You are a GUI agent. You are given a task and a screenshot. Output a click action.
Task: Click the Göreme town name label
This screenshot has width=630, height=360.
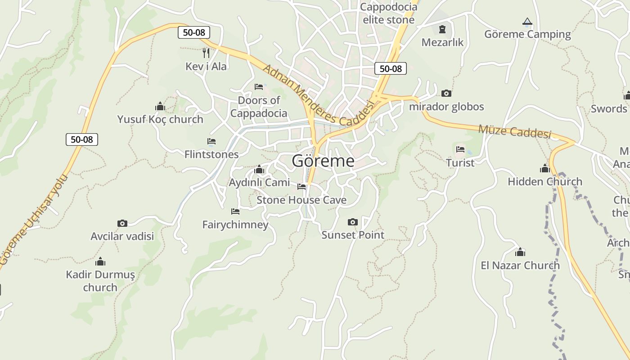(x=323, y=161)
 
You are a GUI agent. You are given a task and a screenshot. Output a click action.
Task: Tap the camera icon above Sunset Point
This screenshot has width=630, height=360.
(x=353, y=222)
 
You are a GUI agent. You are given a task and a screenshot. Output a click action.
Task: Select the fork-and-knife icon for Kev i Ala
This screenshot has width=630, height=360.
(x=206, y=53)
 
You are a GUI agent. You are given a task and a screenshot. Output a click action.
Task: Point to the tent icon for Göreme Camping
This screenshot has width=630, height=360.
(x=527, y=21)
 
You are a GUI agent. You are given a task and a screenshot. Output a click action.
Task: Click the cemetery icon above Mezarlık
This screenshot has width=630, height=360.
(x=442, y=30)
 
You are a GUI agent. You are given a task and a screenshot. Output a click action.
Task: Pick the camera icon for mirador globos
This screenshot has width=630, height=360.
(x=446, y=93)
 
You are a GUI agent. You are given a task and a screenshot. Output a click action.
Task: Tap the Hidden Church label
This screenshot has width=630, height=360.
(x=545, y=182)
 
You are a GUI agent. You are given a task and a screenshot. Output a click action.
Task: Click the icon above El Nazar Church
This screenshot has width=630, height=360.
(x=520, y=252)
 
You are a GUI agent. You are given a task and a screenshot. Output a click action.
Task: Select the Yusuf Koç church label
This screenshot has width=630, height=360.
(x=160, y=119)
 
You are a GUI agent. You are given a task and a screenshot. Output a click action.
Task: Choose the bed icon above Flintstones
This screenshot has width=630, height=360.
(x=211, y=141)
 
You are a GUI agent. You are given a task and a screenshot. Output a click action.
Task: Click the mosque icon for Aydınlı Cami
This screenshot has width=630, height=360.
(x=259, y=170)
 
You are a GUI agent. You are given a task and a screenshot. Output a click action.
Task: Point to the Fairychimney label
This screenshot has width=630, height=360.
(x=235, y=225)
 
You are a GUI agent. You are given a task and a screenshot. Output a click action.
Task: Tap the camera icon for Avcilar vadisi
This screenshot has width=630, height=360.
(x=122, y=223)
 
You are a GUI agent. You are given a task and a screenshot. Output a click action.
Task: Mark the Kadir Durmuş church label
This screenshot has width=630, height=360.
(x=100, y=280)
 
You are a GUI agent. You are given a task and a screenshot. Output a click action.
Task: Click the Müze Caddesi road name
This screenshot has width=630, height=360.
(x=514, y=131)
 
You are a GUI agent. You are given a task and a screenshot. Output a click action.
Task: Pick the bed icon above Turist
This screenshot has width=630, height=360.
(x=460, y=149)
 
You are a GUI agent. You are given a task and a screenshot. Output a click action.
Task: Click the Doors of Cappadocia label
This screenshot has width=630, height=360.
(x=259, y=107)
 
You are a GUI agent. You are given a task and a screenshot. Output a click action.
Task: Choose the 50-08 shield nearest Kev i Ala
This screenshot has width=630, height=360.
(x=194, y=32)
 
